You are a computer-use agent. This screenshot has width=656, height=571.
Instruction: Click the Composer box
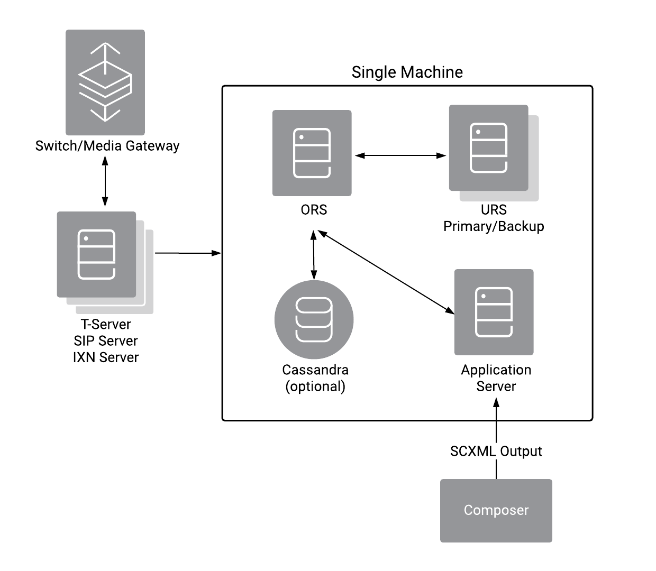tap(496, 510)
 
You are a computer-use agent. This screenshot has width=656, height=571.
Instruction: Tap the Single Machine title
tap(407, 72)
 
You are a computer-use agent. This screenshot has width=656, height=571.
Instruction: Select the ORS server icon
tap(312, 153)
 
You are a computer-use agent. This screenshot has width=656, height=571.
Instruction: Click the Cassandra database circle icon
tap(314, 320)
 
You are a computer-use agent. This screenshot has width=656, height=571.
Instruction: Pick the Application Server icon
tap(494, 312)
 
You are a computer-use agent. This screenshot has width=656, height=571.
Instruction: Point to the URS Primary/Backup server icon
tap(488, 148)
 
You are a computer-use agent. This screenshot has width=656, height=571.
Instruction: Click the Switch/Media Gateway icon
tap(105, 82)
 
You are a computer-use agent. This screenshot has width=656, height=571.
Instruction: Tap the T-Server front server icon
tap(96, 254)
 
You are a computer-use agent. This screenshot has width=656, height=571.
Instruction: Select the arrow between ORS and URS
tap(400, 155)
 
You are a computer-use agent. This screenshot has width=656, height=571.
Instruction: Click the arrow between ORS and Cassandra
tap(314, 255)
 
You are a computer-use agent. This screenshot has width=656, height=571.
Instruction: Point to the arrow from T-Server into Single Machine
tap(188, 253)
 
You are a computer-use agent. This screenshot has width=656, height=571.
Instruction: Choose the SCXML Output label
tap(496, 452)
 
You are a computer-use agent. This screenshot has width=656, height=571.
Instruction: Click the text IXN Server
tap(106, 357)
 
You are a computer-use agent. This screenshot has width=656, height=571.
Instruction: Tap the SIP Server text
tap(106, 341)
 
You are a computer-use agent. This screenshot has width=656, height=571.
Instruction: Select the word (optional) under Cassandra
tap(315, 386)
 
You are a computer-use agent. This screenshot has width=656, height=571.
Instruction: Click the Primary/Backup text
tap(494, 226)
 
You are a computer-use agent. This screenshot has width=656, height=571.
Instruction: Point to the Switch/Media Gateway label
tap(107, 146)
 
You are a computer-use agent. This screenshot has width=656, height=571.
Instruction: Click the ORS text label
tap(314, 210)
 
